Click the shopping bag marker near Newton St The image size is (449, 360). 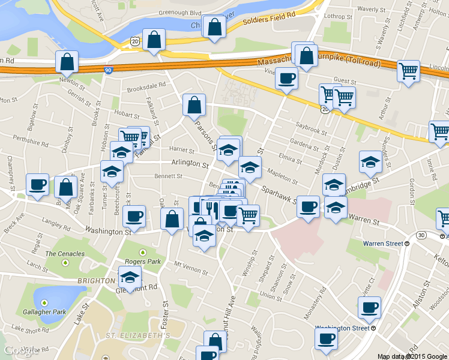(67, 62)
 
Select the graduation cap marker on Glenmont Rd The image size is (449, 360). (130, 277)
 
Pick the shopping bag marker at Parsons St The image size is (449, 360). (194, 105)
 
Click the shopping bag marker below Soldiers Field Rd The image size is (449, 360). (214, 27)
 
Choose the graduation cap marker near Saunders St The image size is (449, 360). (371, 161)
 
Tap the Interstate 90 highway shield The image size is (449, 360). (108, 70)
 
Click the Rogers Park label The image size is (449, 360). (143, 262)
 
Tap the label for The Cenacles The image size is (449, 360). (65, 254)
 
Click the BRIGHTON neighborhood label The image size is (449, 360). (95, 281)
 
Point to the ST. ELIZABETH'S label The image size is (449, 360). (139, 335)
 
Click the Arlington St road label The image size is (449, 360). (189, 163)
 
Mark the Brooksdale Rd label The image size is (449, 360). (146, 86)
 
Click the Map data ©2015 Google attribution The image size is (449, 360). (412, 356)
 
